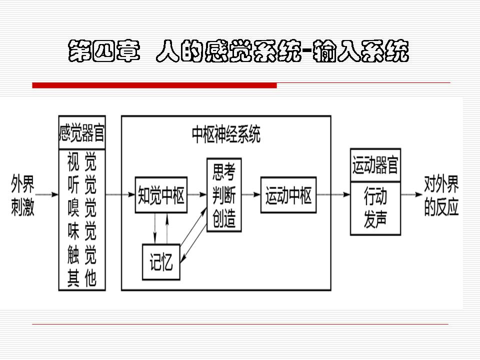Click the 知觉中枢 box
pos(161,194)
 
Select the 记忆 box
pos(161,261)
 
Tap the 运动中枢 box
pos(288,194)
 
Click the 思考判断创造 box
pos(224,194)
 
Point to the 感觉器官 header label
pos(81,132)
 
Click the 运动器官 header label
pos(375,165)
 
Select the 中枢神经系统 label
pos(226,134)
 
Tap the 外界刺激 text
pos(22,195)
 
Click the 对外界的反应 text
pos(441,196)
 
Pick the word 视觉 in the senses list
pos(81,161)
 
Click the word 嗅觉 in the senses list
pos(81,207)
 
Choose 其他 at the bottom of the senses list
pos(81,277)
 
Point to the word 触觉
pos(81,254)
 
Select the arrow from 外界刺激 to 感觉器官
pos(46,194)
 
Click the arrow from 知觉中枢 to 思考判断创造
pos(197,194)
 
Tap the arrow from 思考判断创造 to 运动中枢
pos(251,194)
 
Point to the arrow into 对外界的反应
pos(411,194)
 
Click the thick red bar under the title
pos(154,85)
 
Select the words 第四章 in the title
pos(104,51)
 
